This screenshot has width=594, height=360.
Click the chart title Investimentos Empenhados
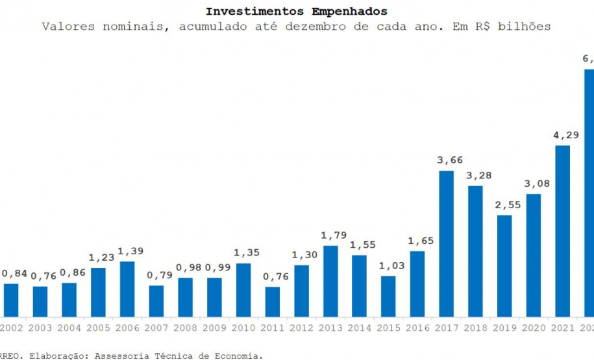(296, 12)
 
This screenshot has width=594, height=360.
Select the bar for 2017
(446, 244)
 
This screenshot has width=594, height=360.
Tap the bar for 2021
(563, 231)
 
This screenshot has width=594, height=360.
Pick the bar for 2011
(273, 302)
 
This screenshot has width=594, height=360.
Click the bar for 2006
(127, 289)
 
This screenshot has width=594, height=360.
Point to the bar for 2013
(330, 281)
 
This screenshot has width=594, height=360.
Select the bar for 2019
(504, 266)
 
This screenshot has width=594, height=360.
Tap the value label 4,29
(563, 135)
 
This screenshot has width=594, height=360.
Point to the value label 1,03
(388, 266)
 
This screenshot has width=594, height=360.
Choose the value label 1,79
(330, 235)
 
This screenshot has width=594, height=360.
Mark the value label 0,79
(156, 275)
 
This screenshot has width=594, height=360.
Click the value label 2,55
(504, 205)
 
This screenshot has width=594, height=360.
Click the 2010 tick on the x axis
(243, 328)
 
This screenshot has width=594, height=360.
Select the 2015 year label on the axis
(388, 328)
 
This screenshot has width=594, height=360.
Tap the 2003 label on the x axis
(40, 328)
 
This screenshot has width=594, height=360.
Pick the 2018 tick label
(475, 328)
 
